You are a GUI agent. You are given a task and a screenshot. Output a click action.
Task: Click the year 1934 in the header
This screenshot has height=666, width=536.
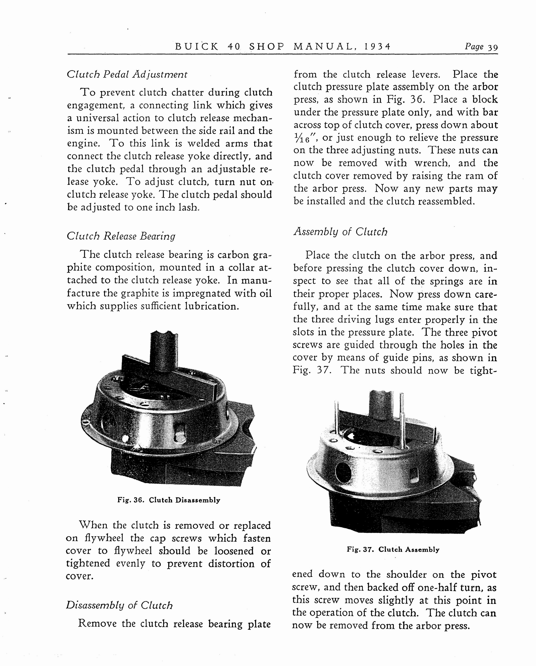pyautogui.click(x=377, y=46)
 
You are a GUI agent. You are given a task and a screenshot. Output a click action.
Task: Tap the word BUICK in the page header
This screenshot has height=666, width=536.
pyautogui.click(x=197, y=46)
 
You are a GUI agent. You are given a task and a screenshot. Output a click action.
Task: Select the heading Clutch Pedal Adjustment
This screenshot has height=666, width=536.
pyautogui.click(x=127, y=74)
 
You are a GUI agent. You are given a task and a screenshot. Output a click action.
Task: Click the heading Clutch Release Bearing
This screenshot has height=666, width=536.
pyautogui.click(x=121, y=236)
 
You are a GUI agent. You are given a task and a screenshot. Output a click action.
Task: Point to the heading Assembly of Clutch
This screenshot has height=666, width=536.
pyautogui.click(x=340, y=232)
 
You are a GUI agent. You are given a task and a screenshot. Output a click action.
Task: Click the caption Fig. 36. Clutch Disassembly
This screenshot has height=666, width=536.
pyautogui.click(x=169, y=500)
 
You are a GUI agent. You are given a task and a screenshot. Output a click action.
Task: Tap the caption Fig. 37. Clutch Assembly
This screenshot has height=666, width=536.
pyautogui.click(x=393, y=549)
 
